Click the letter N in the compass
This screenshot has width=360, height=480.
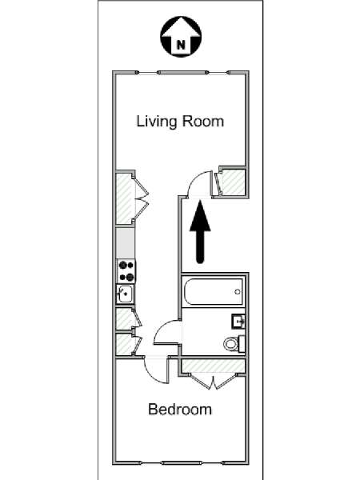[181, 46]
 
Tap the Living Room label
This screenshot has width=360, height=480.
[180, 122]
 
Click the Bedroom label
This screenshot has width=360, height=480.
[180, 410]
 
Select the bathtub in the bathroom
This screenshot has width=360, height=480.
[214, 291]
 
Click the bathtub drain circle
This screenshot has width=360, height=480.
[238, 292]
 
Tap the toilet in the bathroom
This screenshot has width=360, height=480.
[234, 344]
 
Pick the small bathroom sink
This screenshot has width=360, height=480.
[238, 322]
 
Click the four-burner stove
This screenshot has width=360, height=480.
[126, 271]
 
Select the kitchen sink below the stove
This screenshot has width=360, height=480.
[125, 294]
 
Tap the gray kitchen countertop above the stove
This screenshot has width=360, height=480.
[126, 243]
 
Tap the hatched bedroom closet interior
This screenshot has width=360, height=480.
[214, 366]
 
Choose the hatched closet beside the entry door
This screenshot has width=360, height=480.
[233, 182]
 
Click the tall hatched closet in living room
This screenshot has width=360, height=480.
[125, 198]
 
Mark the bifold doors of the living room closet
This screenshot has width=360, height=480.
[142, 198]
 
